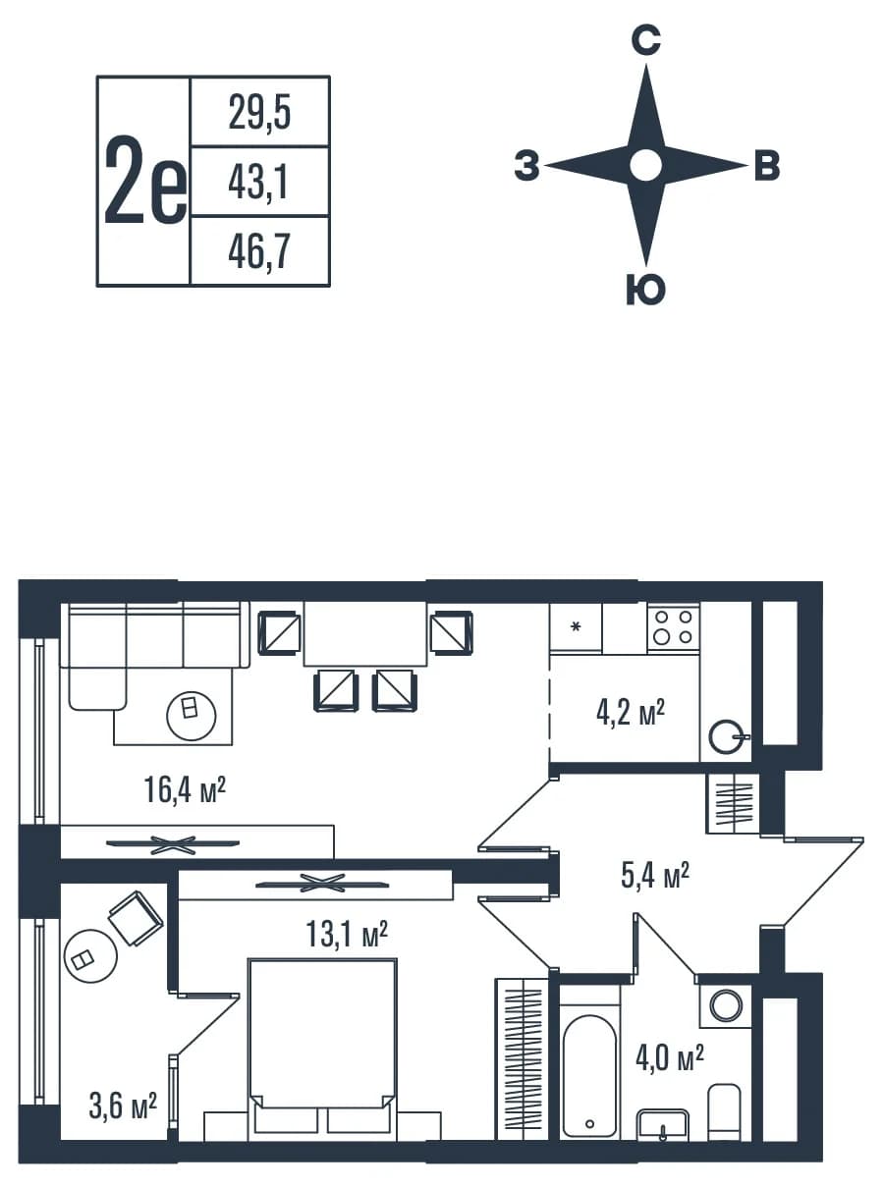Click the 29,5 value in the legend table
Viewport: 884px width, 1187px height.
pos(259,112)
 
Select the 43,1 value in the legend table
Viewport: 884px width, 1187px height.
pos(258,183)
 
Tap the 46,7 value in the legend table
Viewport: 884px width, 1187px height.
pos(259,251)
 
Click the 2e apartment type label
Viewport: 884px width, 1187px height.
pos(145,181)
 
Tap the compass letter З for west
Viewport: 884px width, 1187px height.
pos(526,165)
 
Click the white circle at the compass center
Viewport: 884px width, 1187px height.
pos(645,166)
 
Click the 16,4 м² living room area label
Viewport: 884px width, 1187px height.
pos(185,790)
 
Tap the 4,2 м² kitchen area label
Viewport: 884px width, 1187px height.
pos(631,714)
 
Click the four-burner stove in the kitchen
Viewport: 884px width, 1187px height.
pos(674,627)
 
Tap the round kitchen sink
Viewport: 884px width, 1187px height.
pos(726,737)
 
